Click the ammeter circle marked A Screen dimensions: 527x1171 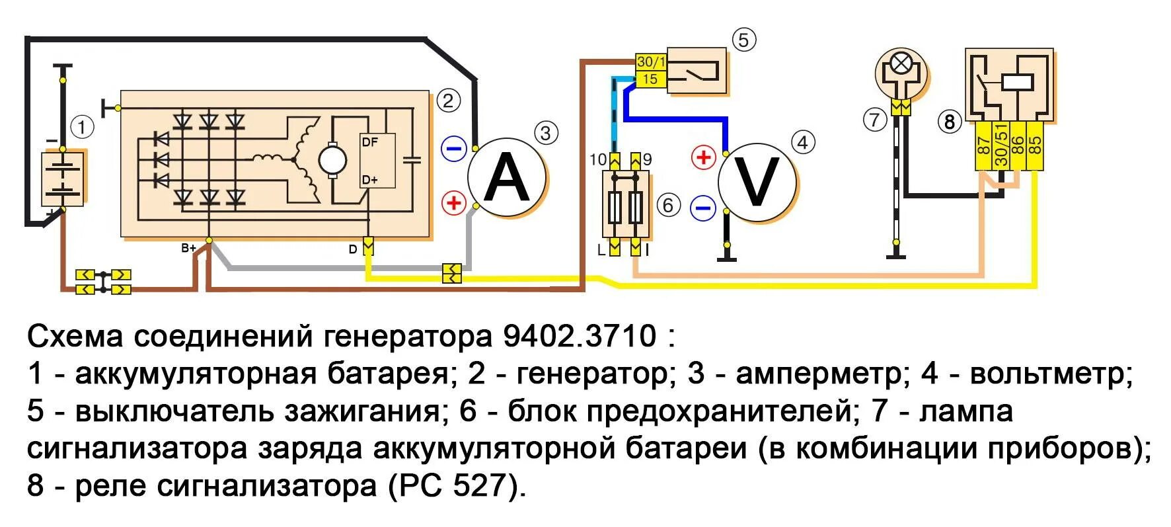tap(507, 178)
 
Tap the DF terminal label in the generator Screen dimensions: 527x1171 tap(370, 142)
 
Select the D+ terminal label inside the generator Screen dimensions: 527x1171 tap(369, 180)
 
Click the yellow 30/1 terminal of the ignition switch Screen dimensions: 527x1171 tap(651, 61)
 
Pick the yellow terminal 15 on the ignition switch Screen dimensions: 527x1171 tap(650, 79)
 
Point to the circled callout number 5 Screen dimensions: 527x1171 tap(743, 40)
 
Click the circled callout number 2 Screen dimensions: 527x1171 tap(448, 101)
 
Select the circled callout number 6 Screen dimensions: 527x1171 tap(668, 206)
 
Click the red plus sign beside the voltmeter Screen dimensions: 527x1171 tap(703, 157)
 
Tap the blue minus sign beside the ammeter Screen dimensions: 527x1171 tap(454, 149)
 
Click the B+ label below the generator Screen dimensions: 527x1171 tap(189, 249)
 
